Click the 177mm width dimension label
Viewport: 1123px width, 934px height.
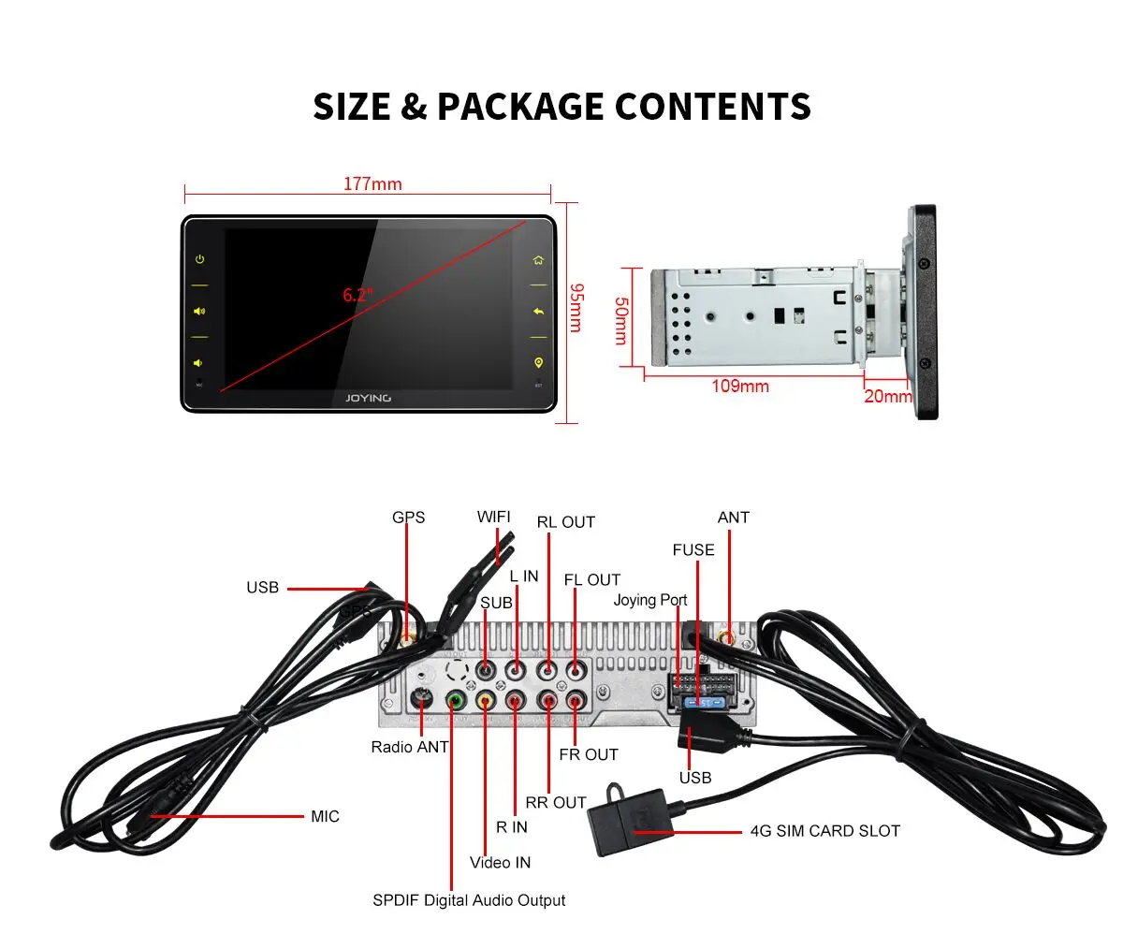pos(372,183)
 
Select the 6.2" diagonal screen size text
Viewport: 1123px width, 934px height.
pos(357,294)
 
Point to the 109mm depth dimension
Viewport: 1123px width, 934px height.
pos(740,386)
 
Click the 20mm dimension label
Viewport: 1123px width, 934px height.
pos(887,396)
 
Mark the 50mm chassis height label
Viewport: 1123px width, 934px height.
pos(620,320)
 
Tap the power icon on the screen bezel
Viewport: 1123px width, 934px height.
pos(199,259)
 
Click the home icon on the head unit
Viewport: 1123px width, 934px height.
pos(538,260)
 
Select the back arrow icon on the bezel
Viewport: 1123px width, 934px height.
pos(538,311)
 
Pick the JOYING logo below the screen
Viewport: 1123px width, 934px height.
pos(369,398)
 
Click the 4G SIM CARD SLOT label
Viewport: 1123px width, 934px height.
pos(824,830)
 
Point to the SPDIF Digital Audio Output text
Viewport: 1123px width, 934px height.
pos(469,900)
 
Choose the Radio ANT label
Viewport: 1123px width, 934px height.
pos(410,747)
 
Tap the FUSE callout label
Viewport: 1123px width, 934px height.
pos(693,550)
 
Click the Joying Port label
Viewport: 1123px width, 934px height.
pos(650,600)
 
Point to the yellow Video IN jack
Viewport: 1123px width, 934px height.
pos(485,699)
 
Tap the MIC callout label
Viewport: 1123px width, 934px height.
pos(325,816)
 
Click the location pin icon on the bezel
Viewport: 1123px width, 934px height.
pos(538,362)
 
